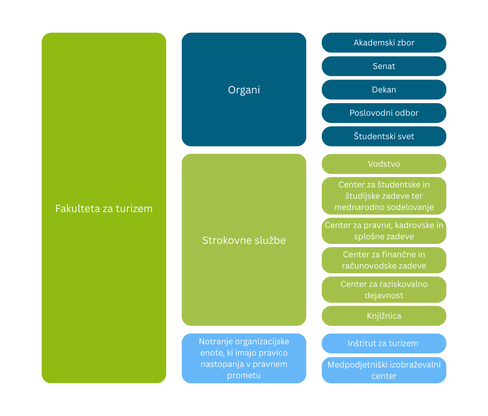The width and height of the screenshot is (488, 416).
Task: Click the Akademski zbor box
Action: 384,43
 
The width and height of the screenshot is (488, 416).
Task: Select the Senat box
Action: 384,66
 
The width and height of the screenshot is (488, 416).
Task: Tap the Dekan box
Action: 384,90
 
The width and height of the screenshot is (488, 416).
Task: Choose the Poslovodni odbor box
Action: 384,113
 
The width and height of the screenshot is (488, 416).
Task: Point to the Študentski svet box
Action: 384,136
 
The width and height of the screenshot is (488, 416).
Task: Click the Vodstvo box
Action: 384,164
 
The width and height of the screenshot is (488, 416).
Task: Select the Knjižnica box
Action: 384,316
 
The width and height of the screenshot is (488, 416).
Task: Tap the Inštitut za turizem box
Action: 384,343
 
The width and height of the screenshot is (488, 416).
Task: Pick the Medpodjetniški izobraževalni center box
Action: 384,370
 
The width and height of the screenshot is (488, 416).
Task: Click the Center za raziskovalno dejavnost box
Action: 384,290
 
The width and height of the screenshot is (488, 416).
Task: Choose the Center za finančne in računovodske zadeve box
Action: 384,260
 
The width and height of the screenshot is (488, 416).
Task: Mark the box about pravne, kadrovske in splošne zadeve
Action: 384,231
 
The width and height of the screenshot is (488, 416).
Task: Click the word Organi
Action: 244,90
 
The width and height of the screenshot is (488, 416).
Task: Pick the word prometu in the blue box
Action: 244,375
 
